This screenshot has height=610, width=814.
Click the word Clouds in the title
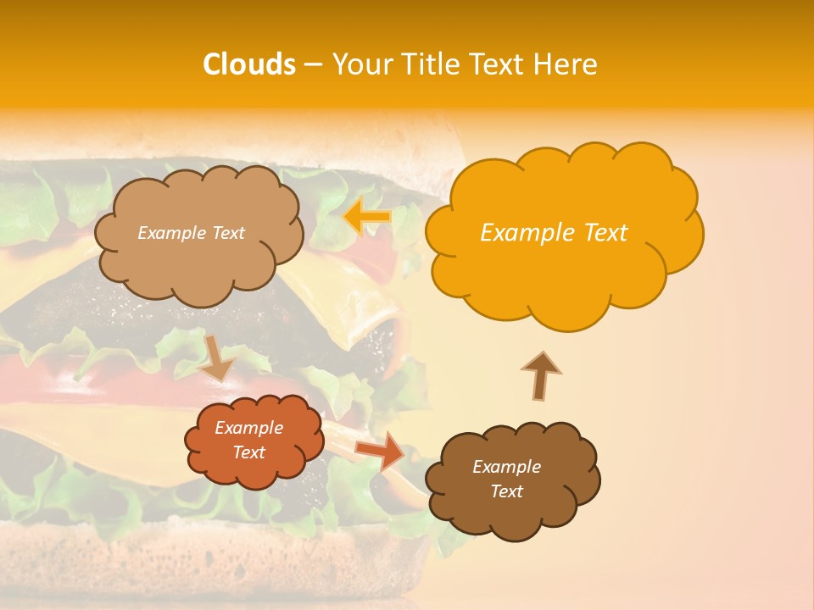[x=249, y=64]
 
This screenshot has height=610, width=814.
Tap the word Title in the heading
[x=429, y=64]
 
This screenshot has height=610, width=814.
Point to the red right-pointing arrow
[x=379, y=450]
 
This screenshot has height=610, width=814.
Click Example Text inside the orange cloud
[x=554, y=233]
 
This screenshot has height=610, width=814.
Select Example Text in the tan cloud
[x=191, y=233]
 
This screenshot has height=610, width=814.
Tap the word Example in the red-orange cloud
[x=249, y=428]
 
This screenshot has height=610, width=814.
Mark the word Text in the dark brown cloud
[x=506, y=491]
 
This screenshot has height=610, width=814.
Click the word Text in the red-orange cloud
[x=249, y=452]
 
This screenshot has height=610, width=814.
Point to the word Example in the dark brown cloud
[x=506, y=467]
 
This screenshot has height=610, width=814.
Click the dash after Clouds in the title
[x=313, y=65]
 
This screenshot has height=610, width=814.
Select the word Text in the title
[x=500, y=64]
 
